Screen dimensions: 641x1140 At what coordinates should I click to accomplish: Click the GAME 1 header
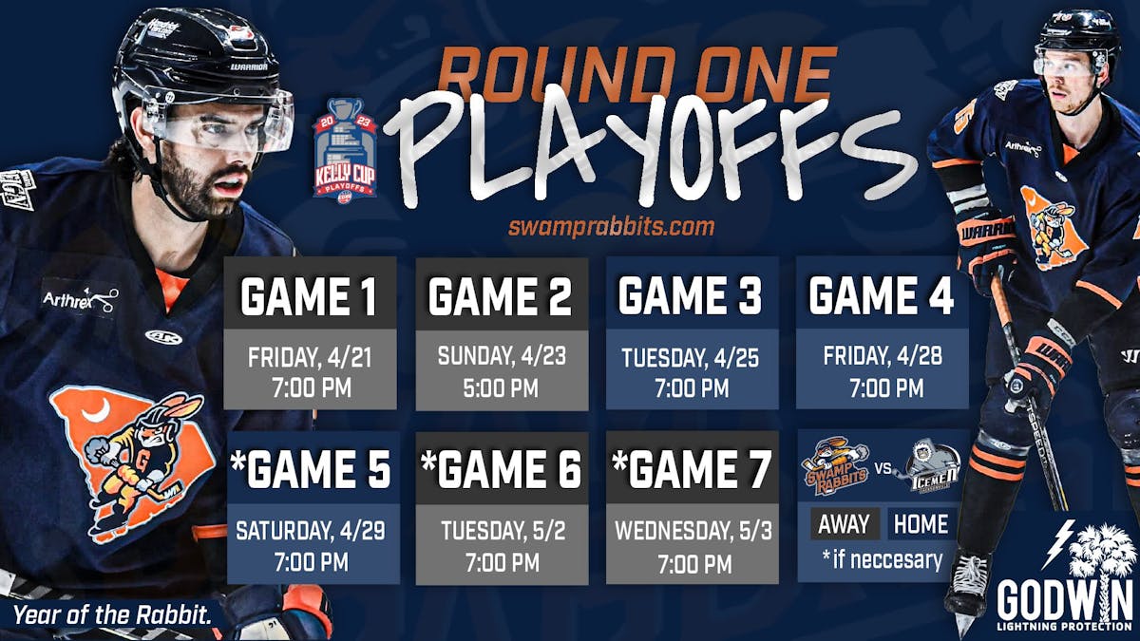[x=311, y=297]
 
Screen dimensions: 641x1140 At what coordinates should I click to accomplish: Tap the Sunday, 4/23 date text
[x=501, y=357]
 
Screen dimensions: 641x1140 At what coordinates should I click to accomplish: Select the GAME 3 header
[x=692, y=295]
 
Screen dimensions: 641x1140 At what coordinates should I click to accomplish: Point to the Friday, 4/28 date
[x=882, y=357]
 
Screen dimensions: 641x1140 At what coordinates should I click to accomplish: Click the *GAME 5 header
[x=311, y=469]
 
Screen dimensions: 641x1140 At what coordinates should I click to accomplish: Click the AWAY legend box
[x=843, y=524]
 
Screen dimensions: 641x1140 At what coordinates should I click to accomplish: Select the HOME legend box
[x=920, y=524]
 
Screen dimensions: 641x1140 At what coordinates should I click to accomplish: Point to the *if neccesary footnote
[x=882, y=559]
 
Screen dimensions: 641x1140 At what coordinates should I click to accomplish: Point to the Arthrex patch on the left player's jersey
[x=80, y=300]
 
